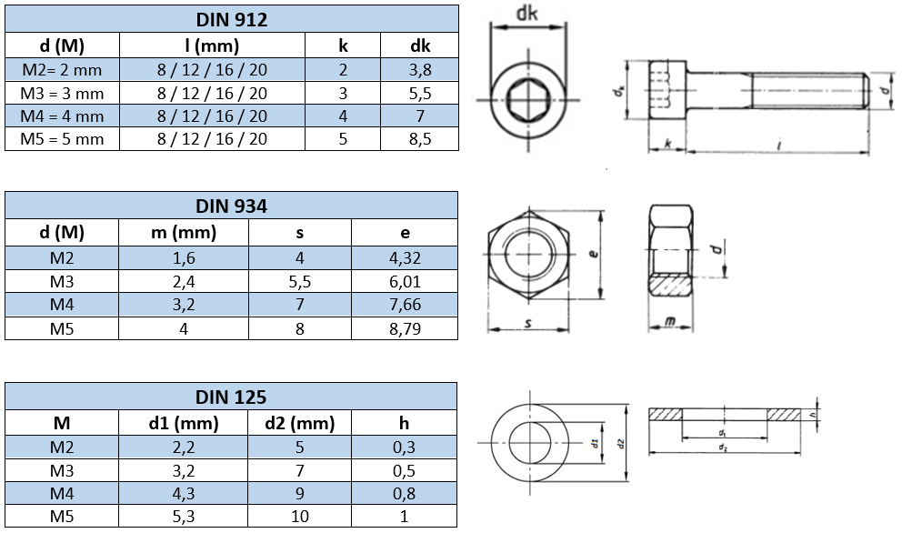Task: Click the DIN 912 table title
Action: pyautogui.click(x=231, y=19)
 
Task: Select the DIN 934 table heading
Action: pyautogui.click(x=231, y=206)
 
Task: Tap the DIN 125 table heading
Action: pyautogui.click(x=231, y=397)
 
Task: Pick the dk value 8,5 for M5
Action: pyautogui.click(x=420, y=139)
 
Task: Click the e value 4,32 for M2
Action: pyautogui.click(x=405, y=257)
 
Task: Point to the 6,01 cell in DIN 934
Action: pyautogui.click(x=405, y=281)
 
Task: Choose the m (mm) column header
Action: pyautogui.click(x=183, y=233)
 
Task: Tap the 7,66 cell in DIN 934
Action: pyautogui.click(x=405, y=305)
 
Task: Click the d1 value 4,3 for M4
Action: pyautogui.click(x=183, y=494)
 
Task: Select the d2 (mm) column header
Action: pyautogui.click(x=299, y=423)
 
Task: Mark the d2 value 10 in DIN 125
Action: pyautogui.click(x=299, y=517)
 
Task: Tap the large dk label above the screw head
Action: pyautogui.click(x=527, y=13)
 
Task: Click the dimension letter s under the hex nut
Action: pyautogui.click(x=527, y=324)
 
